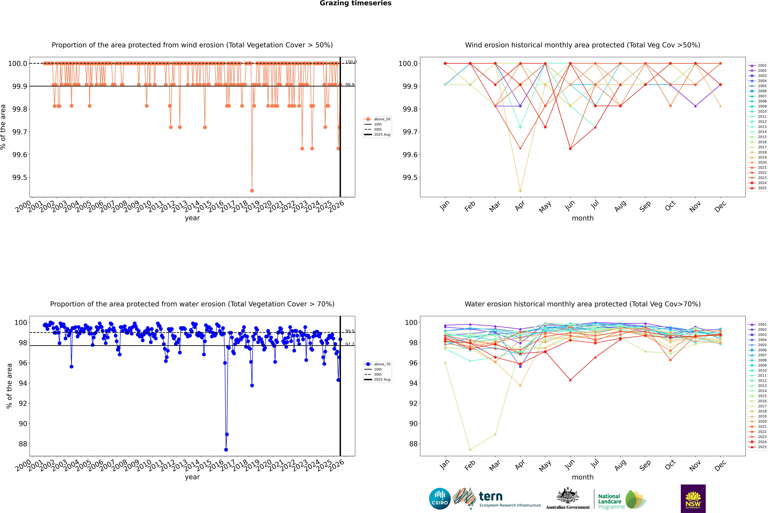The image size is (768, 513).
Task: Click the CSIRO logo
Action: click(440, 499)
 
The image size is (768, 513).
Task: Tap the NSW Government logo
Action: click(693, 499)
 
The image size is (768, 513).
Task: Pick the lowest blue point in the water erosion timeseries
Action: click(226, 450)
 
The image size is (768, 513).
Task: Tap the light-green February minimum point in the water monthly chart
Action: click(470, 450)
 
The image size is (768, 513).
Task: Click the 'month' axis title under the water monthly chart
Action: click(582, 477)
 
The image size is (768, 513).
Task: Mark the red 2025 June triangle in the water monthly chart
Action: click(570, 380)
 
